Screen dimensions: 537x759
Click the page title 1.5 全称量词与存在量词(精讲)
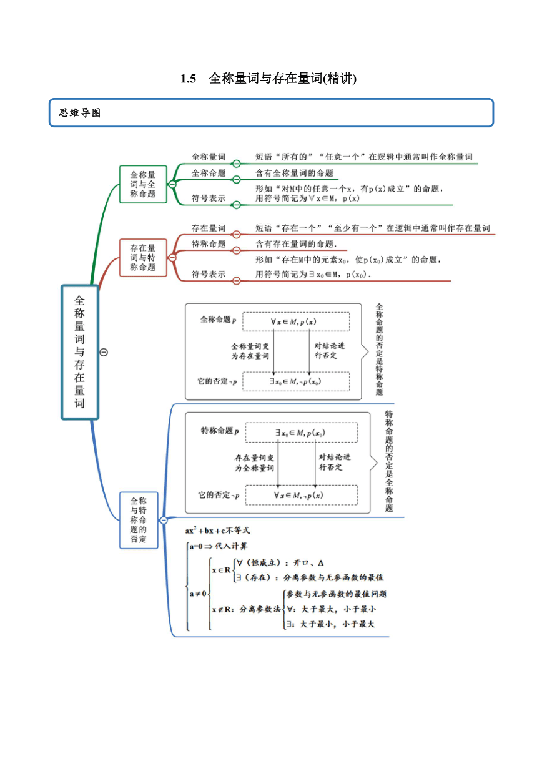coord(268,78)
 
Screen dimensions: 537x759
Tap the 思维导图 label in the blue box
coord(80,113)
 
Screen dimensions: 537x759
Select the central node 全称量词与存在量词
coord(80,352)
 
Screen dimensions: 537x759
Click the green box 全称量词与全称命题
coord(143,184)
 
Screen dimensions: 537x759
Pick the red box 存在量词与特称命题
coord(143,258)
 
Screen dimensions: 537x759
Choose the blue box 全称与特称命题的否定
coord(139,520)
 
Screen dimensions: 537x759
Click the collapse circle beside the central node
coord(104,353)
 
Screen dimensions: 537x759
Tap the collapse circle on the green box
coord(172,184)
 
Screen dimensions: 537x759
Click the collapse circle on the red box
coord(172,258)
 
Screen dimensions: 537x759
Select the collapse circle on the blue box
coord(164,520)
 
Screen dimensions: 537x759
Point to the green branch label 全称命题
coord(209,173)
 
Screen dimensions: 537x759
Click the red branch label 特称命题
coord(209,244)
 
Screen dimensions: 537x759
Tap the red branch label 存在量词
coord(209,228)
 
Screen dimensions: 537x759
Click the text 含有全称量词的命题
coord(295,173)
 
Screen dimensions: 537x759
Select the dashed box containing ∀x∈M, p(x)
coord(296,321)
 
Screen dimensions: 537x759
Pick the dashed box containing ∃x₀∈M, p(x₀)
coord(302,433)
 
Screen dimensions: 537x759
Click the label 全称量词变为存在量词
coord(250,351)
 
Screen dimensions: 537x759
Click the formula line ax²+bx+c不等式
coord(217,531)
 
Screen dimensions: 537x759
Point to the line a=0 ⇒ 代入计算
coord(219,546)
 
